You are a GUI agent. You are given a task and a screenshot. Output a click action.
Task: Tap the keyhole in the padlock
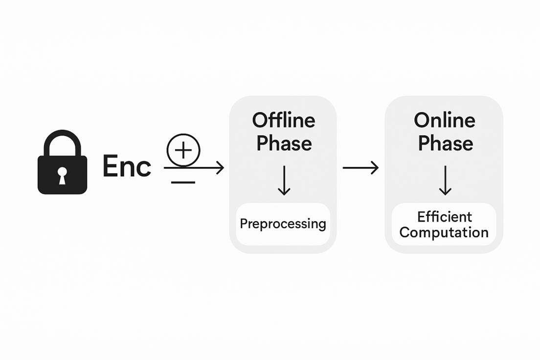(62, 175)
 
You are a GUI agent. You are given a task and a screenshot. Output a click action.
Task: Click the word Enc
(126, 167)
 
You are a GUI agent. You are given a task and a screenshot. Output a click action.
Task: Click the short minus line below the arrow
(183, 182)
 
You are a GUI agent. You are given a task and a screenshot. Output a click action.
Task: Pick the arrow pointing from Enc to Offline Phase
(196, 168)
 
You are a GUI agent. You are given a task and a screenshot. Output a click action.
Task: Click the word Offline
(284, 120)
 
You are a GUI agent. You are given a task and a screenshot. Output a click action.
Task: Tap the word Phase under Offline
(284, 143)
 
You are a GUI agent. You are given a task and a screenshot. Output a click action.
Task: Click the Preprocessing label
(283, 224)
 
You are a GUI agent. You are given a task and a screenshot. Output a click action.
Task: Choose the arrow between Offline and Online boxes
(360, 168)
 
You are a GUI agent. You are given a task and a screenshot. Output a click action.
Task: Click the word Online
(444, 120)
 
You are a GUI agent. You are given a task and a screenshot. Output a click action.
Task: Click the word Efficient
(444, 217)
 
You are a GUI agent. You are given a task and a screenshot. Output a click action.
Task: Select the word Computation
(444, 232)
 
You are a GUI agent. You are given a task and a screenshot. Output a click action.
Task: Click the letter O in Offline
(262, 120)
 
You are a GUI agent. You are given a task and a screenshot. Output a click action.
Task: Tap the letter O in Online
(423, 120)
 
